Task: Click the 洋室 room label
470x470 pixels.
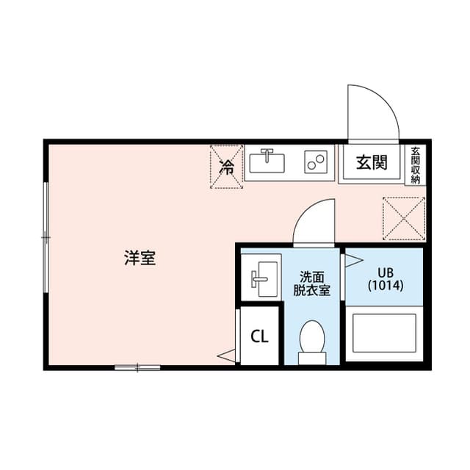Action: [139, 258]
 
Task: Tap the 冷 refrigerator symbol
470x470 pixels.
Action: [227, 167]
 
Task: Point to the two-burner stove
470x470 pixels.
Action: [316, 162]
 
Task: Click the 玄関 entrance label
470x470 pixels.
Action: [372, 163]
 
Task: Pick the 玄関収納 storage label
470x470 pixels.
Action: [415, 165]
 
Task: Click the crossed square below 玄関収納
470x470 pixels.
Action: [404, 218]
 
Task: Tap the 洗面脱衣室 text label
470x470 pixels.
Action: [311, 283]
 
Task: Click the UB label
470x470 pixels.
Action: [384, 272]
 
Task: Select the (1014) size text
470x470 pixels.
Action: [384, 286]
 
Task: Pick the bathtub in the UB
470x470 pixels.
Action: [384, 334]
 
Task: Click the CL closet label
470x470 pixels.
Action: [259, 336]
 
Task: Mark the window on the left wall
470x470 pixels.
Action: [46, 236]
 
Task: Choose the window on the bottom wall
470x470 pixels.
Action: [137, 366]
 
